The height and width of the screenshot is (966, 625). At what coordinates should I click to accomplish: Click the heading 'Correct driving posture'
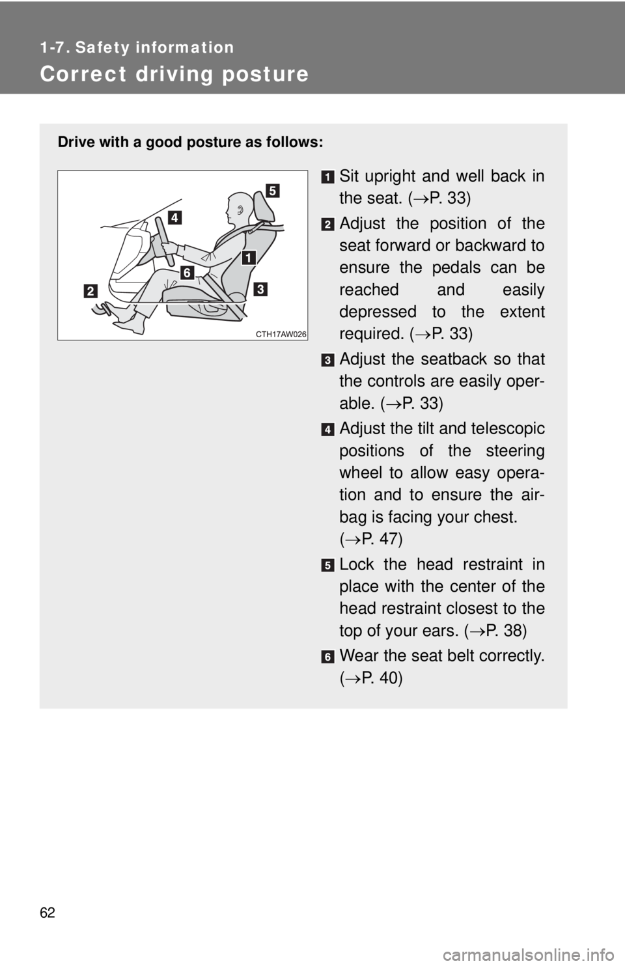pos(174,74)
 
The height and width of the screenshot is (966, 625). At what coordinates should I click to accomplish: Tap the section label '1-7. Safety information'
pos(137,48)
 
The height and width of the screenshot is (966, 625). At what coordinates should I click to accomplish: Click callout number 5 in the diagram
pos(272,190)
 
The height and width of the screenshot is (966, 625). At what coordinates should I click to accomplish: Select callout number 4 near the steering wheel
pos(173,217)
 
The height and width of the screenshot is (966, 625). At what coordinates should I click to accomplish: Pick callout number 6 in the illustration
pos(187,273)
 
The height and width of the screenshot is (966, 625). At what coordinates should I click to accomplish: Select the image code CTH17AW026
pos(281,333)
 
